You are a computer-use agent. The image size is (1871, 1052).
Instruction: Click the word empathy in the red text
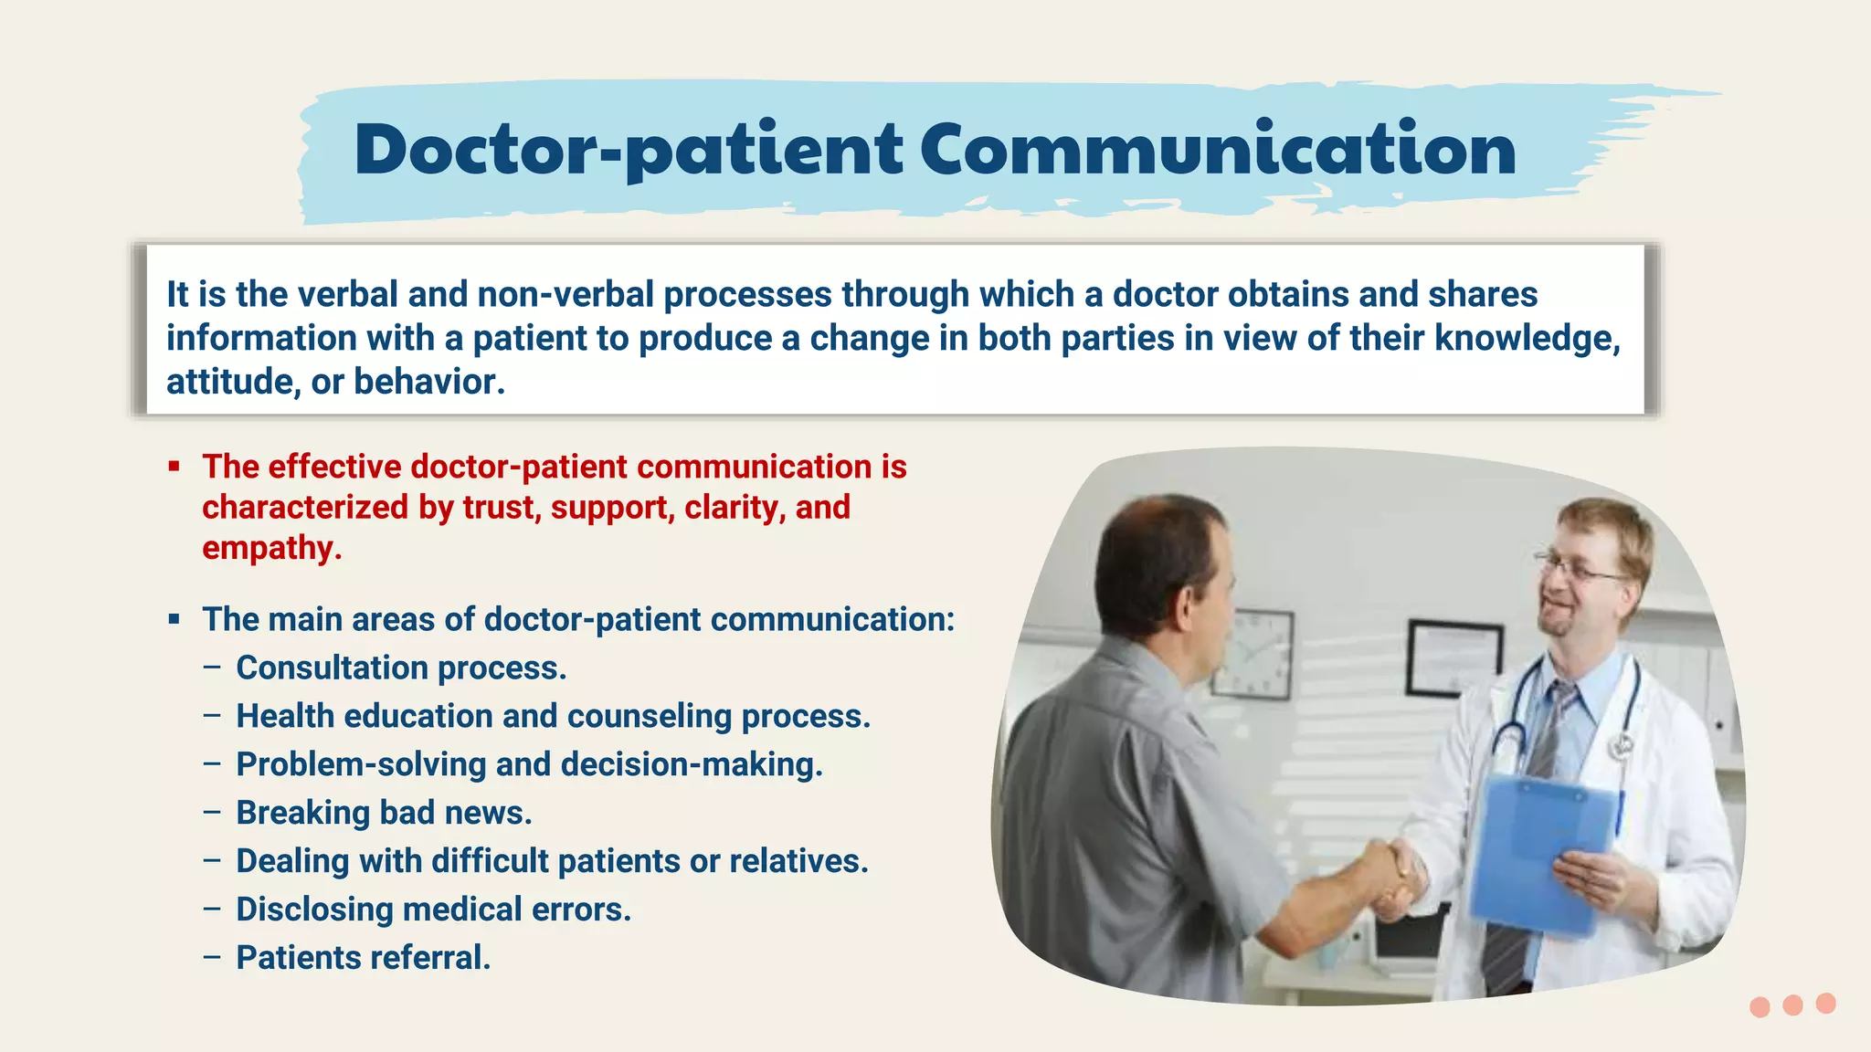(x=271, y=548)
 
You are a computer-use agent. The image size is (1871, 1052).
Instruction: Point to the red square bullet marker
(x=174, y=467)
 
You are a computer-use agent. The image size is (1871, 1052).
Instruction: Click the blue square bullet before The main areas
(x=174, y=619)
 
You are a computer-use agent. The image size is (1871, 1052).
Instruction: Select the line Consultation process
(x=401, y=668)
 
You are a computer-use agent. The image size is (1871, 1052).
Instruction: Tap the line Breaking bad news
(x=384, y=813)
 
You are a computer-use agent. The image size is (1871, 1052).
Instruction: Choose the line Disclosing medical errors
(x=433, y=910)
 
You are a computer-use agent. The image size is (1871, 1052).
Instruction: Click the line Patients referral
(x=364, y=958)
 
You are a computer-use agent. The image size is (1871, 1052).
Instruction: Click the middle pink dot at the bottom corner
(x=1792, y=1005)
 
